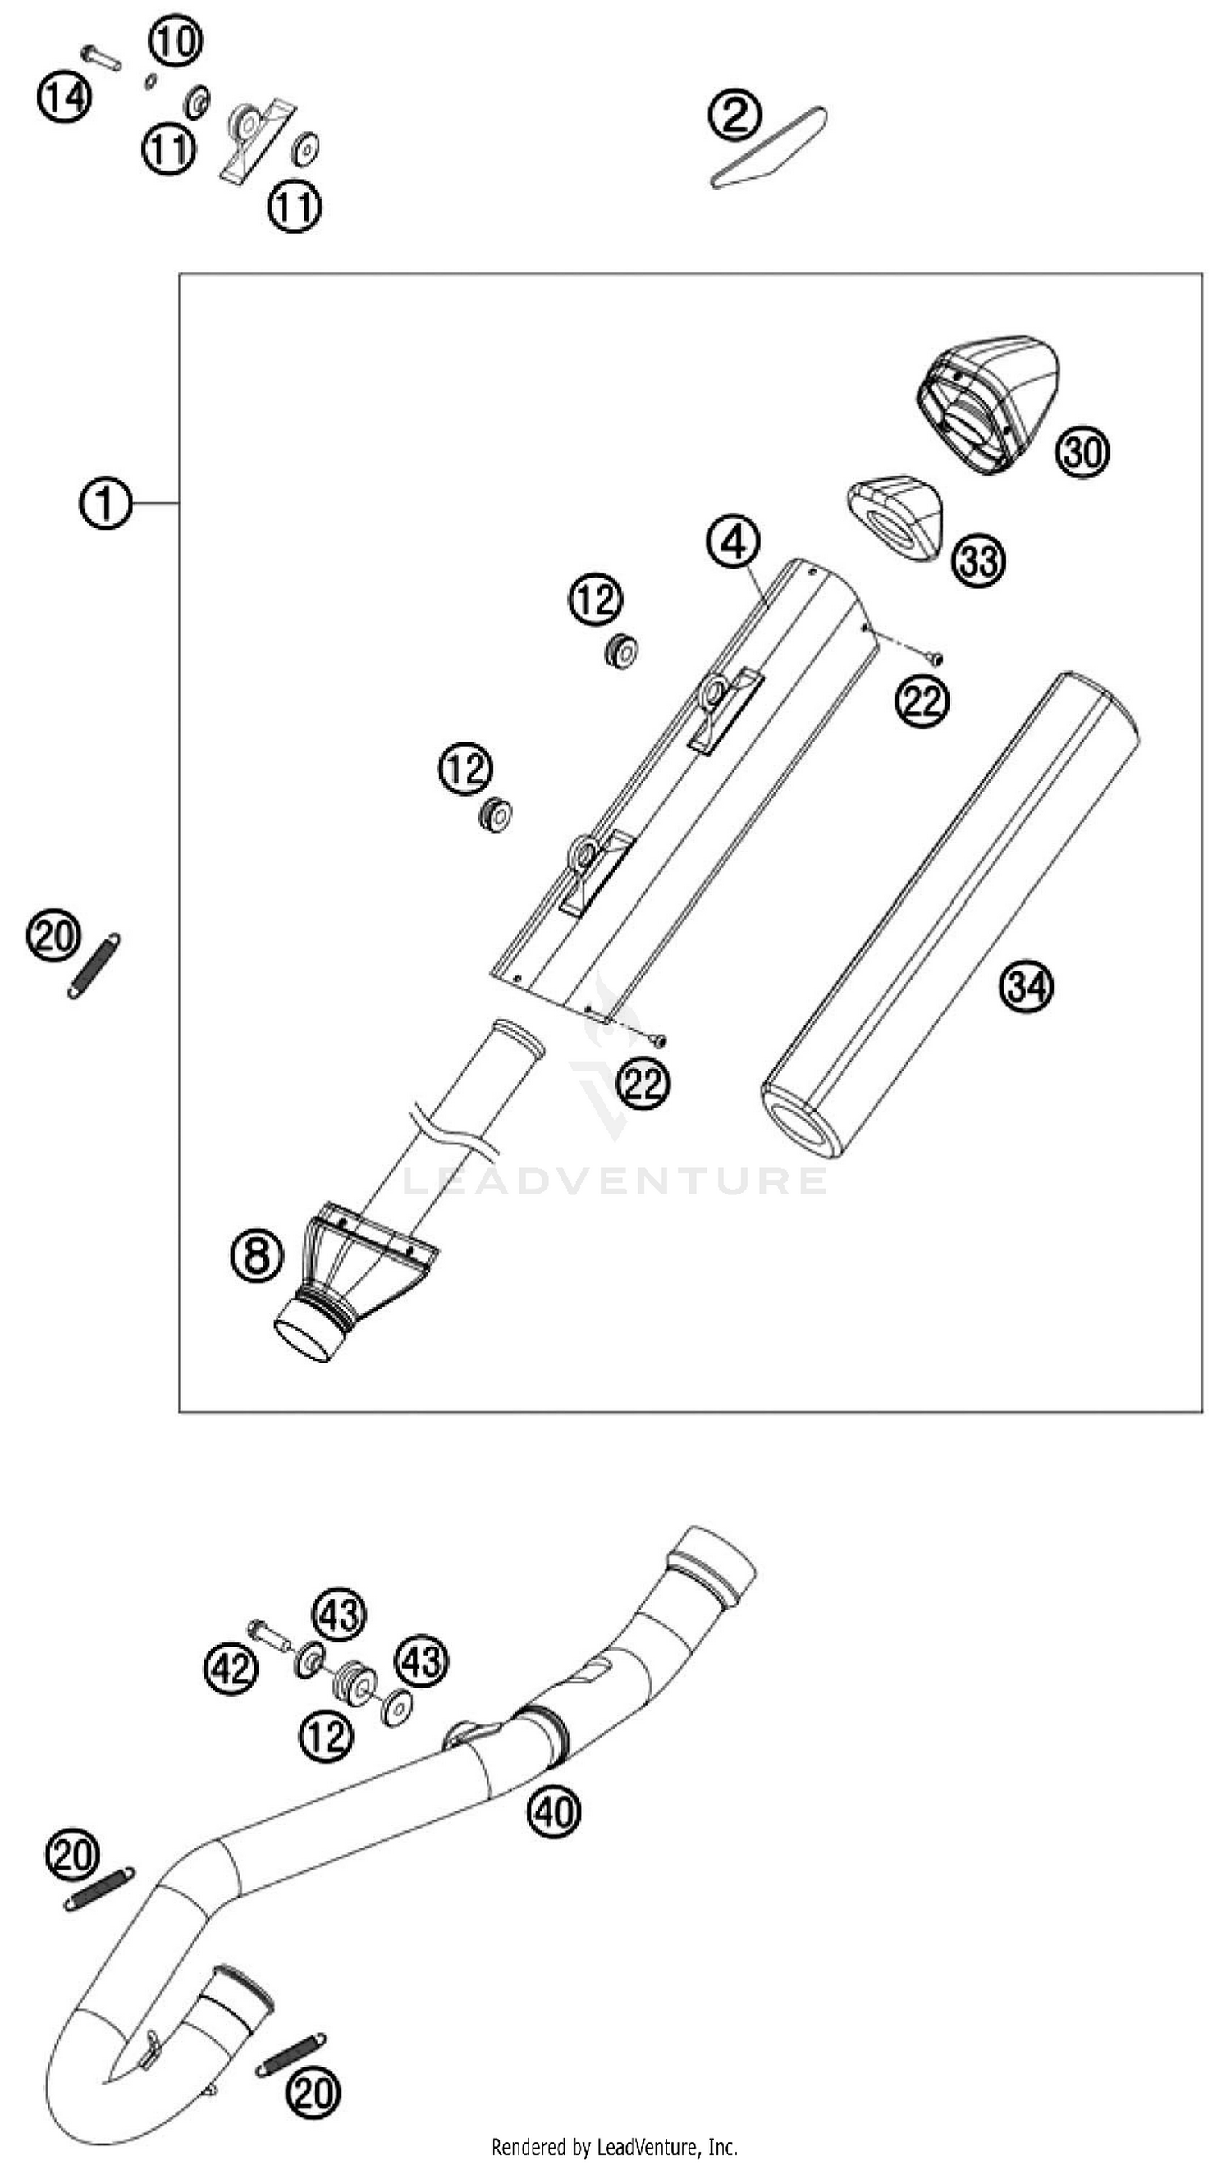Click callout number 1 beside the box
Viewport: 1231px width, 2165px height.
coord(105,504)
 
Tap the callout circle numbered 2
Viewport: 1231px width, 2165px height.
coord(734,116)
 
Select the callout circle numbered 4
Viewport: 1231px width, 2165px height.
coord(732,541)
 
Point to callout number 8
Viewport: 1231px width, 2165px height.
coord(256,1254)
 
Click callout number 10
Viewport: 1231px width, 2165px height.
coord(175,39)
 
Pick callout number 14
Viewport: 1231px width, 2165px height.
coord(63,96)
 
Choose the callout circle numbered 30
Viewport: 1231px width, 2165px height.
coord(1082,452)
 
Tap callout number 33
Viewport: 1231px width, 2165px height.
coord(979,560)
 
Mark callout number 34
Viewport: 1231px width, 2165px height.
coord(1027,985)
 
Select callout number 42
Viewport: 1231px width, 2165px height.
coord(231,1668)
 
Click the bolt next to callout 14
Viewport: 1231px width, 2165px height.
coord(102,58)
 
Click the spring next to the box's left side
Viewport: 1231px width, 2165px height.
coord(94,965)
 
